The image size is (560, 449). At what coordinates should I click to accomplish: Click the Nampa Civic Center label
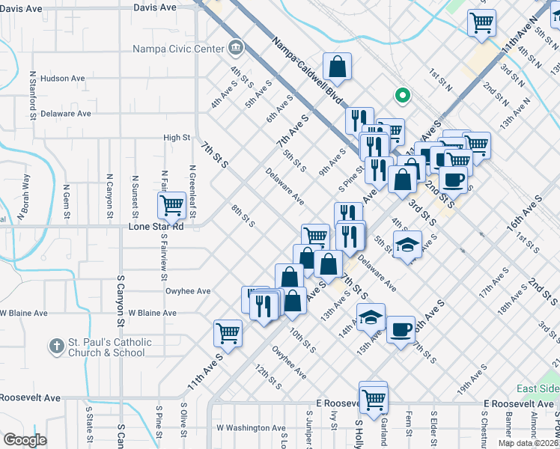coord(178,49)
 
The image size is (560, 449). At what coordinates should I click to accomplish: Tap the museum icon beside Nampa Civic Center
coord(236,48)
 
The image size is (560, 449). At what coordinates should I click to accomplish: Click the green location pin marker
coord(402,95)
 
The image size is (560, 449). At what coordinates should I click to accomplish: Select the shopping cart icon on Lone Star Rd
coord(172,204)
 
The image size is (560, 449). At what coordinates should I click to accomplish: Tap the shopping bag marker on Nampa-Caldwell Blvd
coord(338,66)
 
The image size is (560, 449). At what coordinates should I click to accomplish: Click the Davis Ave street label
coord(155,7)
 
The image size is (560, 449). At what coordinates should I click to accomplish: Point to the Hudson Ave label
coord(63,78)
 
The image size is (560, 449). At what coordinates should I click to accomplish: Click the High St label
coord(177,138)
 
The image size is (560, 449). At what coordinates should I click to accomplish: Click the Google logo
coord(25,440)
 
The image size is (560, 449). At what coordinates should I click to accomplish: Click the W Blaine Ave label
coord(152,313)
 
